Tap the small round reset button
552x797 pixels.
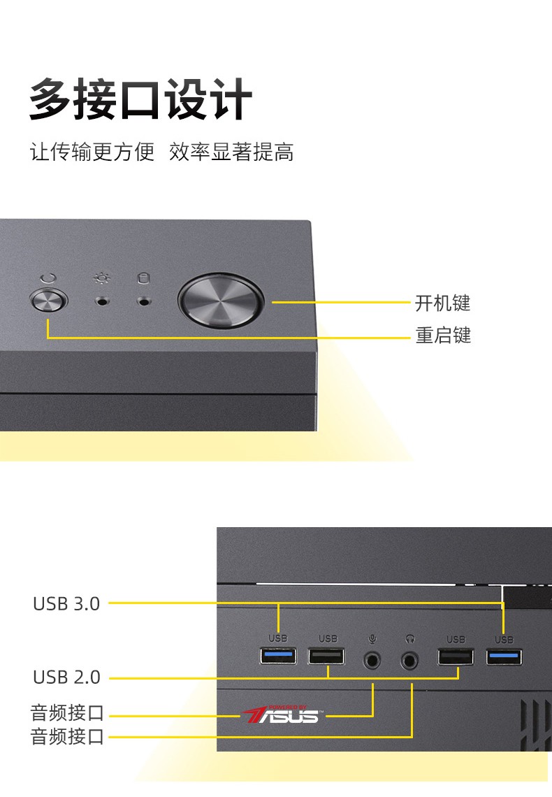49,303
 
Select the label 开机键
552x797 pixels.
443,303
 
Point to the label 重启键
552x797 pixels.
443,336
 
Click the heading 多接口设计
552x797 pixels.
140,101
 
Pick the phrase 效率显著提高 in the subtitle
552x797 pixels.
231,152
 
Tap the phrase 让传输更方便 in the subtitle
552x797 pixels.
92,152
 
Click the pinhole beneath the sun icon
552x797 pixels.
103,303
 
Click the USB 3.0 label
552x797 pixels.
66,603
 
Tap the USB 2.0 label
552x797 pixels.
66,677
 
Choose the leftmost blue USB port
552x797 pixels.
278,656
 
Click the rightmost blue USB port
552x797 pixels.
504,656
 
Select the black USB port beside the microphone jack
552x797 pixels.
326,657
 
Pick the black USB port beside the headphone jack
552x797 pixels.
456,657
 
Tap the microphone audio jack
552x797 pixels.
373,659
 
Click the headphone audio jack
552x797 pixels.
411,659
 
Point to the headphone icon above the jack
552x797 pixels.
411,638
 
